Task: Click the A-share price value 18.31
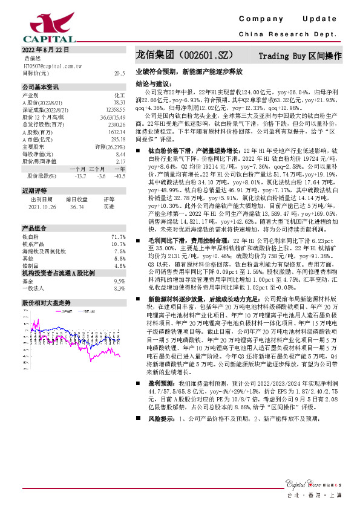pyautogui.click(x=119, y=103)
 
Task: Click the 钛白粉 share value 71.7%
pyautogui.click(x=119, y=236)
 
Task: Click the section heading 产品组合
pyautogui.click(x=34, y=229)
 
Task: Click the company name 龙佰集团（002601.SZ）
pyautogui.click(x=185, y=55)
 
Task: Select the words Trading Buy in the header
pyautogui.click(x=280, y=56)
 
